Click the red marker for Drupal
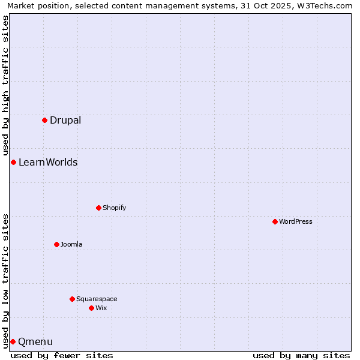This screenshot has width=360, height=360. [44, 120]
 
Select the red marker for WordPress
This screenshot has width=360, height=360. [275, 221]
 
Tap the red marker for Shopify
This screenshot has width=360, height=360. [98, 208]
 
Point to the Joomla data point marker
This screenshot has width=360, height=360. [56, 244]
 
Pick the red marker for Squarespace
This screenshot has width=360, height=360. [72, 299]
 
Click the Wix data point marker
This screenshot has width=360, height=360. [91, 308]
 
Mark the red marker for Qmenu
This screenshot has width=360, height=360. [13, 341]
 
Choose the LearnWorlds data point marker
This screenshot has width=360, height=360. [13, 162]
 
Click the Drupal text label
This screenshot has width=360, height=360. [65, 120]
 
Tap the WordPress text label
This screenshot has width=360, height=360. [296, 221]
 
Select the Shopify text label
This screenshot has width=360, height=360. [114, 208]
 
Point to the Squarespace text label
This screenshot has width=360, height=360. [97, 299]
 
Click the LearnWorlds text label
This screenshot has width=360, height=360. [48, 162]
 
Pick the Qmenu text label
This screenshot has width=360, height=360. [35, 342]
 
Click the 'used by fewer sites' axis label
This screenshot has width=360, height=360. [62, 355]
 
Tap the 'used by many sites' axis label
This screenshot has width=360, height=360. [301, 355]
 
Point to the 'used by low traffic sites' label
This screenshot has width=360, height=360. [5, 280]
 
